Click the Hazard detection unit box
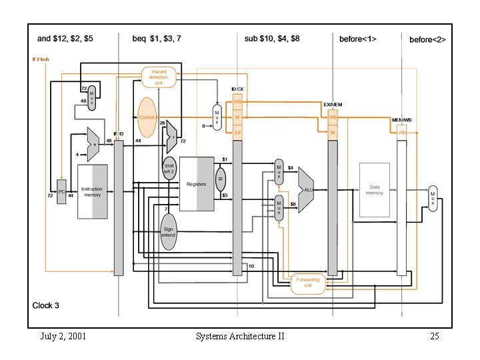(x=159, y=77)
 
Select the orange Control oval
(x=147, y=117)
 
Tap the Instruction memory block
(x=92, y=192)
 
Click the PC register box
(x=62, y=192)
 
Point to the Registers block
(x=196, y=184)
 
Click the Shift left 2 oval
(x=169, y=170)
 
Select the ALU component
(x=306, y=190)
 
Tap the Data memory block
(x=374, y=190)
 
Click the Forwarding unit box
(x=307, y=282)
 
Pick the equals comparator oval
(x=220, y=179)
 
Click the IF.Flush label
(x=41, y=59)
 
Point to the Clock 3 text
(x=46, y=305)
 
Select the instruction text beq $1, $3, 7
(x=159, y=39)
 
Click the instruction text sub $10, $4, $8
(x=272, y=39)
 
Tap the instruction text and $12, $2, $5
(x=65, y=39)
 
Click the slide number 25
(x=434, y=336)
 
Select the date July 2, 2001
(x=63, y=336)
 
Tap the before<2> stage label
(x=427, y=39)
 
